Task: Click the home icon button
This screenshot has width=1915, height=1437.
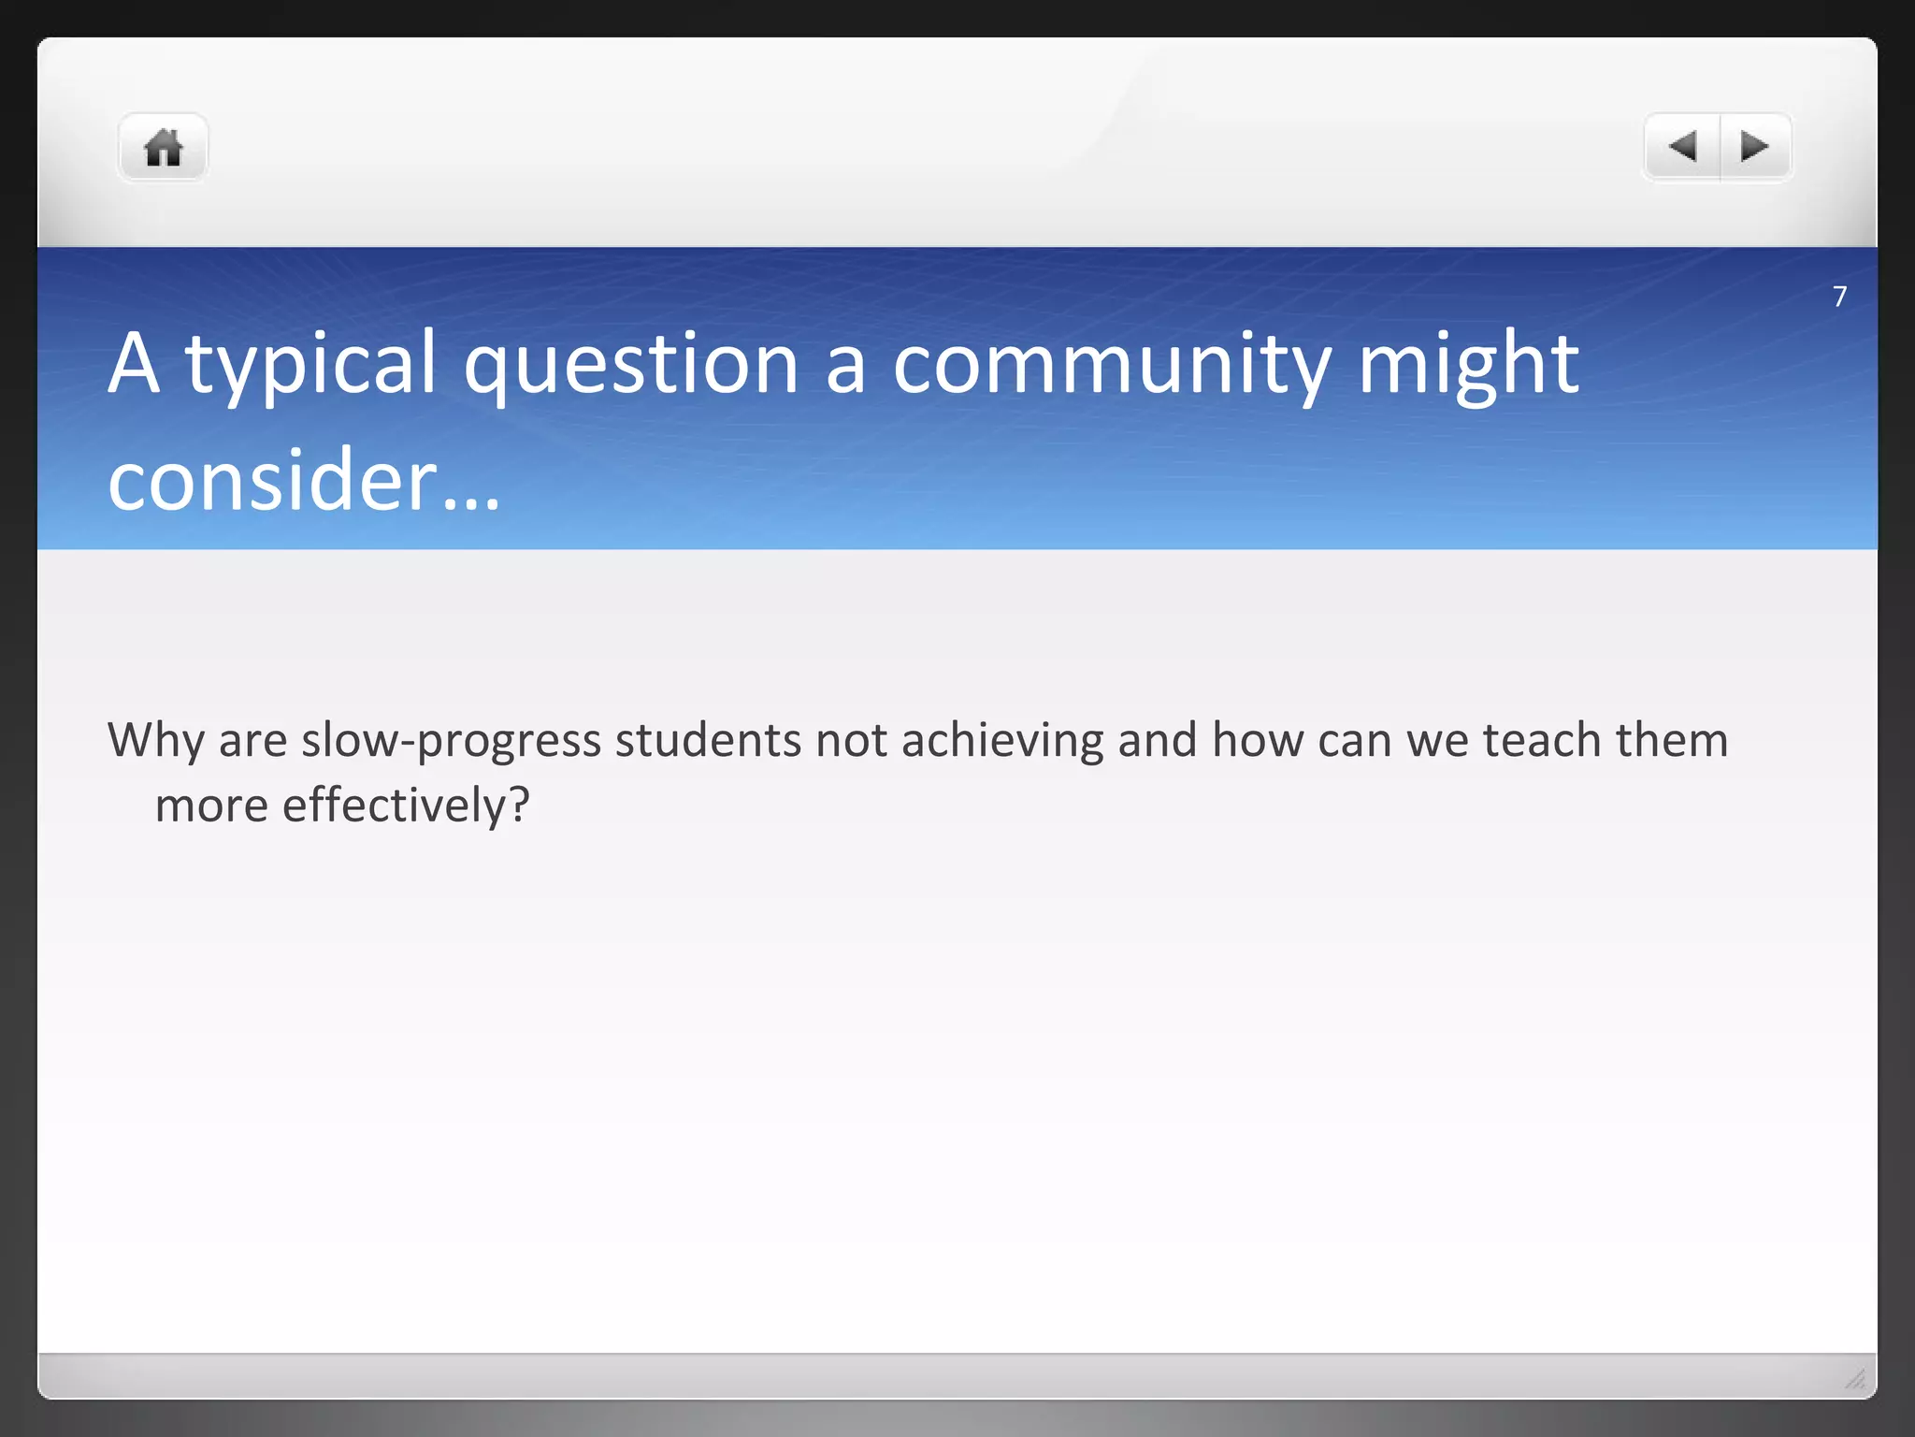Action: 163,148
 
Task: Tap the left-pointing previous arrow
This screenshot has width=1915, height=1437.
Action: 1682,147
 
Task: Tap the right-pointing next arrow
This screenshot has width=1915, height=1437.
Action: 1754,147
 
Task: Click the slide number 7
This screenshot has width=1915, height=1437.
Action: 1839,297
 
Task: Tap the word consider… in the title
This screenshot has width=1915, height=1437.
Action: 304,481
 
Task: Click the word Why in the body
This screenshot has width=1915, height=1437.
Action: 155,741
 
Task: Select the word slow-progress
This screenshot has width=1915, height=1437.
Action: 451,741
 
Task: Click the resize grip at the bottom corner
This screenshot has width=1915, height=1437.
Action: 1855,1379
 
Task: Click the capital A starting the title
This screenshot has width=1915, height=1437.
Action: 134,365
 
